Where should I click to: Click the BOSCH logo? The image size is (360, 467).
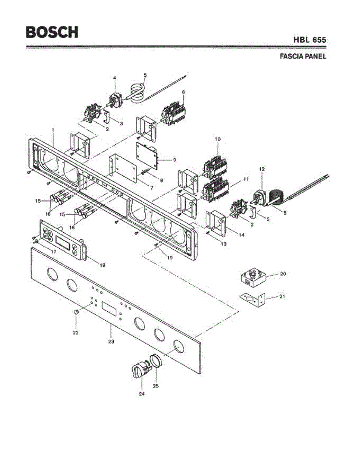(x=52, y=32)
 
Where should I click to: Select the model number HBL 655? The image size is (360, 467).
(x=310, y=40)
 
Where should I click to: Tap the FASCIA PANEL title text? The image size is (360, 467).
(x=303, y=56)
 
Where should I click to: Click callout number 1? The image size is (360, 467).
(x=53, y=130)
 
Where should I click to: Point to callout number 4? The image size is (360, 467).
(x=114, y=78)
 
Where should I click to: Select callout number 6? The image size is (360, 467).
(x=183, y=92)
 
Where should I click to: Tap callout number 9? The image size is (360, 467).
(x=174, y=160)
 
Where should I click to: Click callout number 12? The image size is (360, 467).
(x=262, y=169)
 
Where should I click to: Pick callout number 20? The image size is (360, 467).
(x=283, y=274)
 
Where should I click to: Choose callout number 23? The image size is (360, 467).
(x=111, y=341)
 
